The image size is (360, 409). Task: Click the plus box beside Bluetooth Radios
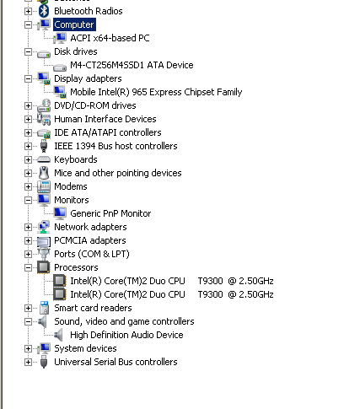tap(28, 11)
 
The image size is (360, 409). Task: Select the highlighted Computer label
tap(74, 24)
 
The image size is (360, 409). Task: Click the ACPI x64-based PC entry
tap(110, 38)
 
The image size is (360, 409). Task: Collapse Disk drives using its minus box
tap(28, 51)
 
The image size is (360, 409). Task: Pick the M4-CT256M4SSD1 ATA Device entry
tap(132, 65)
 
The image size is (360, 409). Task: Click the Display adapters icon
tap(44, 78)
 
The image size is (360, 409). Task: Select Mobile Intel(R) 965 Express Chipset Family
tap(156, 92)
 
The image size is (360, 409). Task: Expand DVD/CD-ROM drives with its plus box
tap(28, 105)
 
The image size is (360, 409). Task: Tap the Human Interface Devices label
tap(105, 119)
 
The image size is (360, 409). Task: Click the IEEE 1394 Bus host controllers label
tap(116, 146)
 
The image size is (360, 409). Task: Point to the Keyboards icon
tap(44, 159)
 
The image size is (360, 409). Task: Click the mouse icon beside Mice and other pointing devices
tap(44, 173)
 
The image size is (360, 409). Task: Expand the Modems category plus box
tap(28, 186)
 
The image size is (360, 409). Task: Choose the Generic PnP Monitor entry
tap(110, 213)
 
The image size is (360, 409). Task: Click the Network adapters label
tap(90, 227)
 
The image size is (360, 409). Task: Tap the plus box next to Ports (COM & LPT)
tap(28, 254)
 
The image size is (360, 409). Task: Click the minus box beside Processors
tap(28, 267)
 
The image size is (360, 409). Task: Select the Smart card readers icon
tap(44, 308)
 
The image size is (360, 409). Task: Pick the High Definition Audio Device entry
tap(126, 335)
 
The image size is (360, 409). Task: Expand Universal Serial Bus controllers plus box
tap(28, 362)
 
